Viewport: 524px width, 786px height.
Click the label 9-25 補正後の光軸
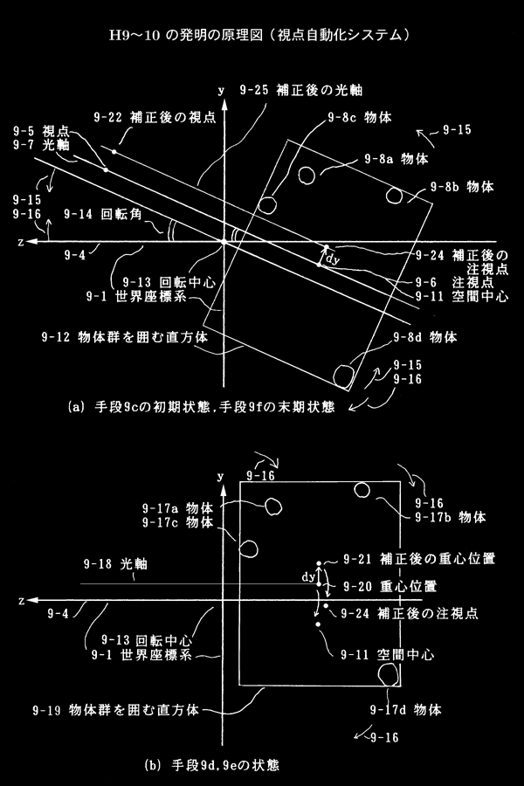300,90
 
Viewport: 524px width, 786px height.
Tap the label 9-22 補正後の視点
155,117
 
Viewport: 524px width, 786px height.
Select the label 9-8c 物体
360,117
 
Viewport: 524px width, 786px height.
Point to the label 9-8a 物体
396,160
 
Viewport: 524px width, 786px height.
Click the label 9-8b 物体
462,187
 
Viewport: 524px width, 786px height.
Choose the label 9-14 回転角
103,214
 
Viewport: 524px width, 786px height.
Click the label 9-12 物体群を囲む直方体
124,336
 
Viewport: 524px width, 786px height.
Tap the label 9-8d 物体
424,337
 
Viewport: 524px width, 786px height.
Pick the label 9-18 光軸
115,564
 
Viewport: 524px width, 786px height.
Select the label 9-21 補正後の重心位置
419,558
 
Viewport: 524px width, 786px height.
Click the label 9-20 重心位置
390,586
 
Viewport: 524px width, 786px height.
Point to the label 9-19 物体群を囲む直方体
116,710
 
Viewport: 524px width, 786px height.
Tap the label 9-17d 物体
405,710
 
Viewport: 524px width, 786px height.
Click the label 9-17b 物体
451,517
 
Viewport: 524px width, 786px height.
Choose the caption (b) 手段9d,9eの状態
211,765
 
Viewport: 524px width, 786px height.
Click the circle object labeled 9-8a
307,175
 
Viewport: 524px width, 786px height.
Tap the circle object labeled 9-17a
272,507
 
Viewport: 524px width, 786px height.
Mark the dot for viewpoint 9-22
114,151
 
